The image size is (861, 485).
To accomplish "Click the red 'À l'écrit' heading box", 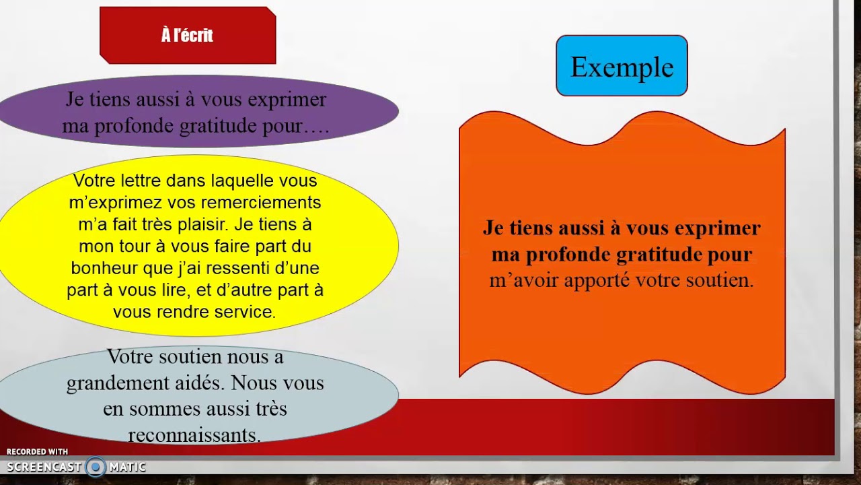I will [188, 36].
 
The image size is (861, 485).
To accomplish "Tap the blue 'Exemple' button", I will [622, 66].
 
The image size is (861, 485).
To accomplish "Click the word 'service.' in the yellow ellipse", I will [244, 312].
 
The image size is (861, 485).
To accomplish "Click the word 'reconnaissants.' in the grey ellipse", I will [194, 435].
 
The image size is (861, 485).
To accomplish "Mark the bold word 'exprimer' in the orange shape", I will [720, 228].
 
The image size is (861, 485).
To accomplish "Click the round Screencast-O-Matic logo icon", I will [96, 467].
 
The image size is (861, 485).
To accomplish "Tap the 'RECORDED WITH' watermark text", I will [37, 452].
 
